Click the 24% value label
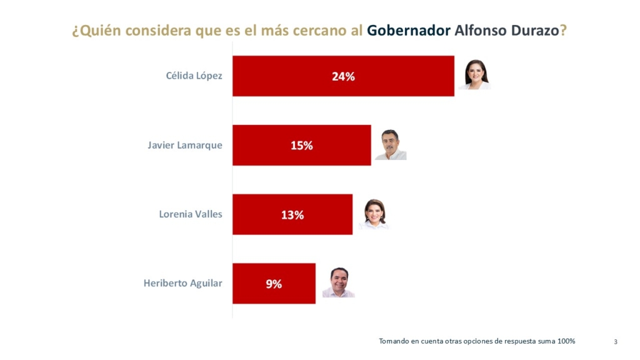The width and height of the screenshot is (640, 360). (x=343, y=76)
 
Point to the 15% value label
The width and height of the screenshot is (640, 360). (x=301, y=146)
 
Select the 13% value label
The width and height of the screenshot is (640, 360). (x=292, y=215)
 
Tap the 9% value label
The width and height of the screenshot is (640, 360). (x=274, y=284)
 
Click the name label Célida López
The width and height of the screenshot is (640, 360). (x=194, y=76)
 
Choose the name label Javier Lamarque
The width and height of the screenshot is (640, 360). (x=185, y=146)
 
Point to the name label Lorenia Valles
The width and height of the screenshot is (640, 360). (x=191, y=214)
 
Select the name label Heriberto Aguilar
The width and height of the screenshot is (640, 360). (x=182, y=283)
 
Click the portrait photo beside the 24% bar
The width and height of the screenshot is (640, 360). (x=475, y=75)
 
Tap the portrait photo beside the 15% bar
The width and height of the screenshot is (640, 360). (x=391, y=145)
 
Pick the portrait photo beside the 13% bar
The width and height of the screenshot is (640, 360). (x=374, y=214)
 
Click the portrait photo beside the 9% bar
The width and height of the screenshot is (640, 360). (x=338, y=282)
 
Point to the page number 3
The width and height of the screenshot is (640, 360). (x=616, y=341)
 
